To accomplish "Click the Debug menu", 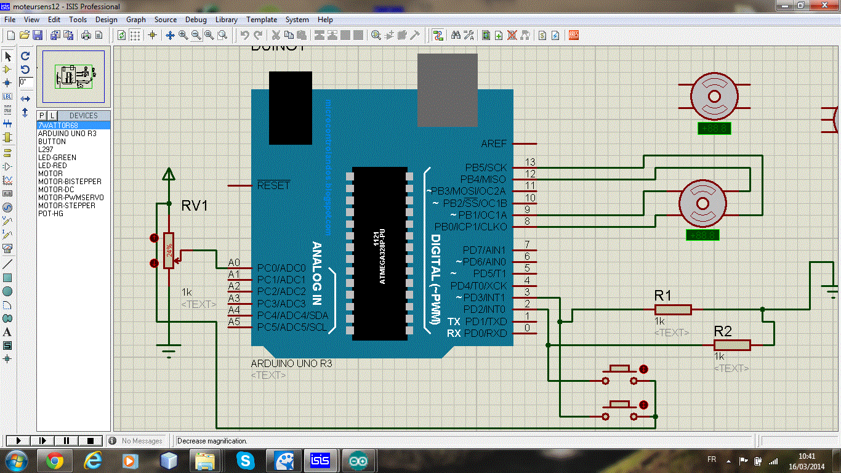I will click(x=196, y=20).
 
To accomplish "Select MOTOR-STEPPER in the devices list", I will click(x=66, y=206).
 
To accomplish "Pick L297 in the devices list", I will click(x=46, y=150).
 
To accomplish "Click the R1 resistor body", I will click(x=672, y=310).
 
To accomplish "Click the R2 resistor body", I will click(x=732, y=346).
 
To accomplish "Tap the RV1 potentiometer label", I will click(x=195, y=206).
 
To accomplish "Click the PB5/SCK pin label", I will click(x=486, y=168).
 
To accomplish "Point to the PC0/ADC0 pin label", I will click(x=281, y=268).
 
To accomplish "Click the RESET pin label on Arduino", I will click(x=273, y=185).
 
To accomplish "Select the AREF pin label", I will click(x=494, y=144).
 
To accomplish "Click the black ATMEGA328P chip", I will click(x=380, y=253).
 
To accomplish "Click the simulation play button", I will click(x=18, y=440).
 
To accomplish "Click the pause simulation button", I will click(x=66, y=440).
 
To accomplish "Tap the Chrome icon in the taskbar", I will click(x=54, y=461).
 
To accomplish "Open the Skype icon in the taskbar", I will click(x=244, y=461).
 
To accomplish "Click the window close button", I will click(x=824, y=6).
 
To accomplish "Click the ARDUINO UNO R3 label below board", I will click(x=291, y=364).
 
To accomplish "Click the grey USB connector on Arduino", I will click(x=447, y=90).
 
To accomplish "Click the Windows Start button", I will click(x=15, y=461).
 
